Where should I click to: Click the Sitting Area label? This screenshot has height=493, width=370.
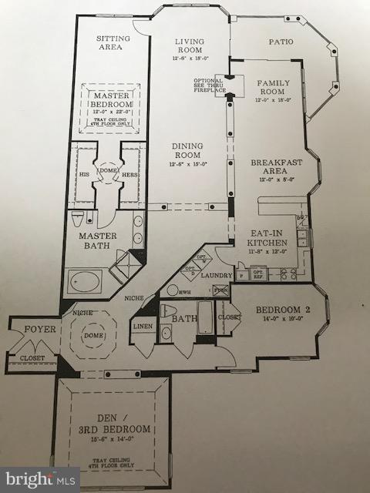coord(112,42)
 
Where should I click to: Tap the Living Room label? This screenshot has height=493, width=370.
coord(188,46)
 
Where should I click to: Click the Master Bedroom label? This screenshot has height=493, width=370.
coord(110,99)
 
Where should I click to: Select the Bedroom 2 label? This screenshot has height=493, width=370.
coord(281,311)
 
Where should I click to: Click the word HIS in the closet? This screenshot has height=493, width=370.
coord(86,175)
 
